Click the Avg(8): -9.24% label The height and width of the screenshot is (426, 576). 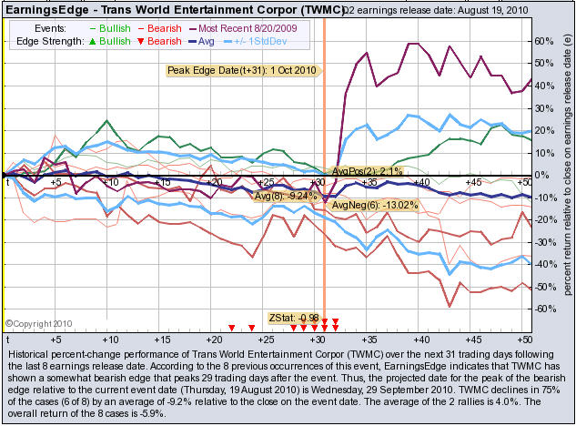(x=287, y=195)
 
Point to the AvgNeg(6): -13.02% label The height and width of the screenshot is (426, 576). (x=374, y=206)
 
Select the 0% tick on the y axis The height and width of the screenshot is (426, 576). (x=543, y=176)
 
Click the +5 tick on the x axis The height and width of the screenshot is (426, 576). (x=56, y=183)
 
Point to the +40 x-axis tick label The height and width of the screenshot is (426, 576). (x=421, y=183)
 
